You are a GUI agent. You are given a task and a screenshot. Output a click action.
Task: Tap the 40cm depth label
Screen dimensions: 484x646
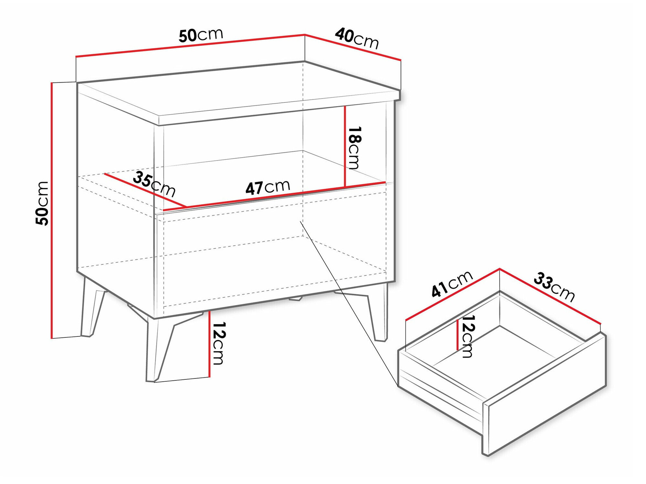coord(357,38)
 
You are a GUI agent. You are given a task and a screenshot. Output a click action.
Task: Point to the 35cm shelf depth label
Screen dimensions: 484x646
coord(154,184)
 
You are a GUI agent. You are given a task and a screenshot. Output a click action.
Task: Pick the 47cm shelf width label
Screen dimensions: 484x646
coord(267,187)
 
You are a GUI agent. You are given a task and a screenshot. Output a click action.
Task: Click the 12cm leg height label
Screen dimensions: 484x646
coord(219,343)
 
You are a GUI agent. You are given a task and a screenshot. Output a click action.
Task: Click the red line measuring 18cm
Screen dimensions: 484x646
coord(345,147)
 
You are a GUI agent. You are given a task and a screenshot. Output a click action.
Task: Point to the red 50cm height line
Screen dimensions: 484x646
coord(52,210)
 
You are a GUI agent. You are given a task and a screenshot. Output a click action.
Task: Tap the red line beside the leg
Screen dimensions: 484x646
coord(209,344)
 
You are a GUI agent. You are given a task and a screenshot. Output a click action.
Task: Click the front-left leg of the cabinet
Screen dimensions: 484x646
coord(158,349)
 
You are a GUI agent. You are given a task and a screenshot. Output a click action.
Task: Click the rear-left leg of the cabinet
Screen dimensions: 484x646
coord(90,310)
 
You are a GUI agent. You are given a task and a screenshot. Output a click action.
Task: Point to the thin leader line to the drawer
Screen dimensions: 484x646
coord(349,304)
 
